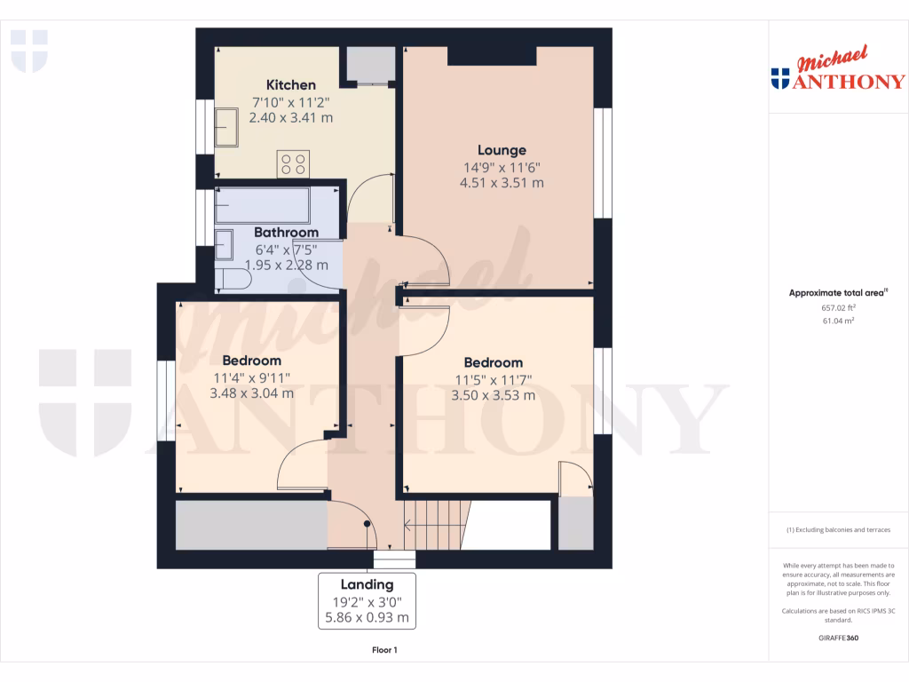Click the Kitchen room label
coord(290,85)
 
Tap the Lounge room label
coord(502,150)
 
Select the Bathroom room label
coord(286,233)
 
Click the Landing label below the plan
coord(367,584)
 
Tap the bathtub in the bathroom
coord(262,205)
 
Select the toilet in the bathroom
coord(233,280)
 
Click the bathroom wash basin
coord(224,244)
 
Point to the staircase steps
coord(438,525)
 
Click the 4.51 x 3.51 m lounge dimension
coord(502,183)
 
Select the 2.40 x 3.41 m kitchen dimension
coord(290,117)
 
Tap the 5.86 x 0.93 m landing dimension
coord(367,617)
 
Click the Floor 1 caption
coord(384,650)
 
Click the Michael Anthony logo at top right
coord(838,71)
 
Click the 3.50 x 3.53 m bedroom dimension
coord(493,395)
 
